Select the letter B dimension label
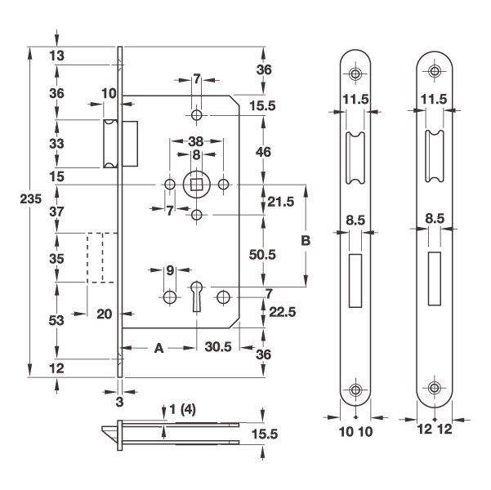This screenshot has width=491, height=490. pyautogui.click(x=306, y=241)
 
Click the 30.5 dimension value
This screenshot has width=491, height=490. pyautogui.click(x=217, y=346)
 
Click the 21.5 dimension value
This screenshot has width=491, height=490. pyautogui.click(x=281, y=203)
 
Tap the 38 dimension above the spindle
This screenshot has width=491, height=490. pyautogui.click(x=196, y=140)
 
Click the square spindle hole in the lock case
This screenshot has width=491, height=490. pyautogui.click(x=197, y=185)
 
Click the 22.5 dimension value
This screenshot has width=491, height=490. pyautogui.click(x=281, y=310)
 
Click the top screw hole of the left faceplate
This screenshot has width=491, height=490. pyautogui.click(x=356, y=73)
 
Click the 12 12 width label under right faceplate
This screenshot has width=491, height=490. pyautogui.click(x=434, y=427)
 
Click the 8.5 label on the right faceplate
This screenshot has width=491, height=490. pyautogui.click(x=434, y=219)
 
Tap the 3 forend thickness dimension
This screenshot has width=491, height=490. pyautogui.click(x=120, y=402)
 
